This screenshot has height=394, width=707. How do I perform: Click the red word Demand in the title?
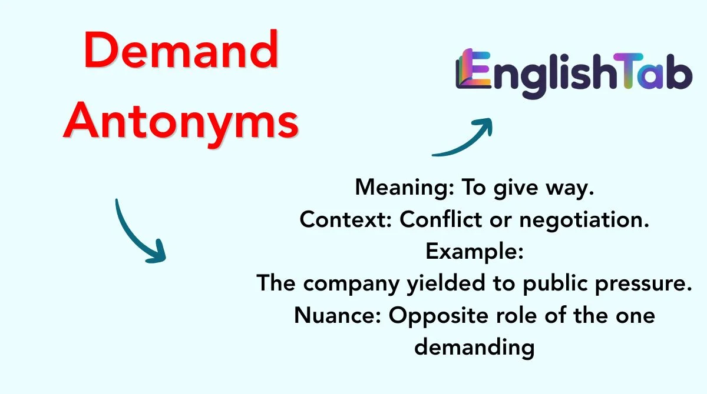[x=181, y=50]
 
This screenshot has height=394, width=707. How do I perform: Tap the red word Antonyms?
[x=181, y=123]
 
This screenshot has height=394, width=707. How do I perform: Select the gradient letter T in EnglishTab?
[x=628, y=71]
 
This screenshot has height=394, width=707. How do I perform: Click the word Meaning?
[x=405, y=188]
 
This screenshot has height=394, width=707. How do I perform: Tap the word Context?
[x=346, y=219]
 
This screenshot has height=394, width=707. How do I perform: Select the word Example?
[x=474, y=252]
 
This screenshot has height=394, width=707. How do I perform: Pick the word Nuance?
[x=338, y=315]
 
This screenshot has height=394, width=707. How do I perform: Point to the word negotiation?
[x=584, y=220]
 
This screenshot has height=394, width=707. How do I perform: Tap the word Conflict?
[x=441, y=219]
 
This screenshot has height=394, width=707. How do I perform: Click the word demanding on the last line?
[x=474, y=348]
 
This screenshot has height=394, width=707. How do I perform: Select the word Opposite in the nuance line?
[x=438, y=316]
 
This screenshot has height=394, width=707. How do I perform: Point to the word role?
[x=516, y=315]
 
